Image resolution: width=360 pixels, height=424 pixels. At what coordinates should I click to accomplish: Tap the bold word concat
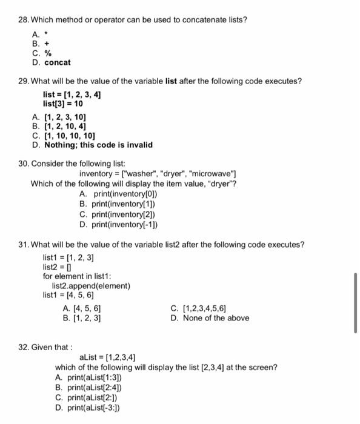click(58, 62)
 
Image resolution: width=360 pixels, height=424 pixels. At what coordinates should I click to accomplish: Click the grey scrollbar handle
click(355, 302)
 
